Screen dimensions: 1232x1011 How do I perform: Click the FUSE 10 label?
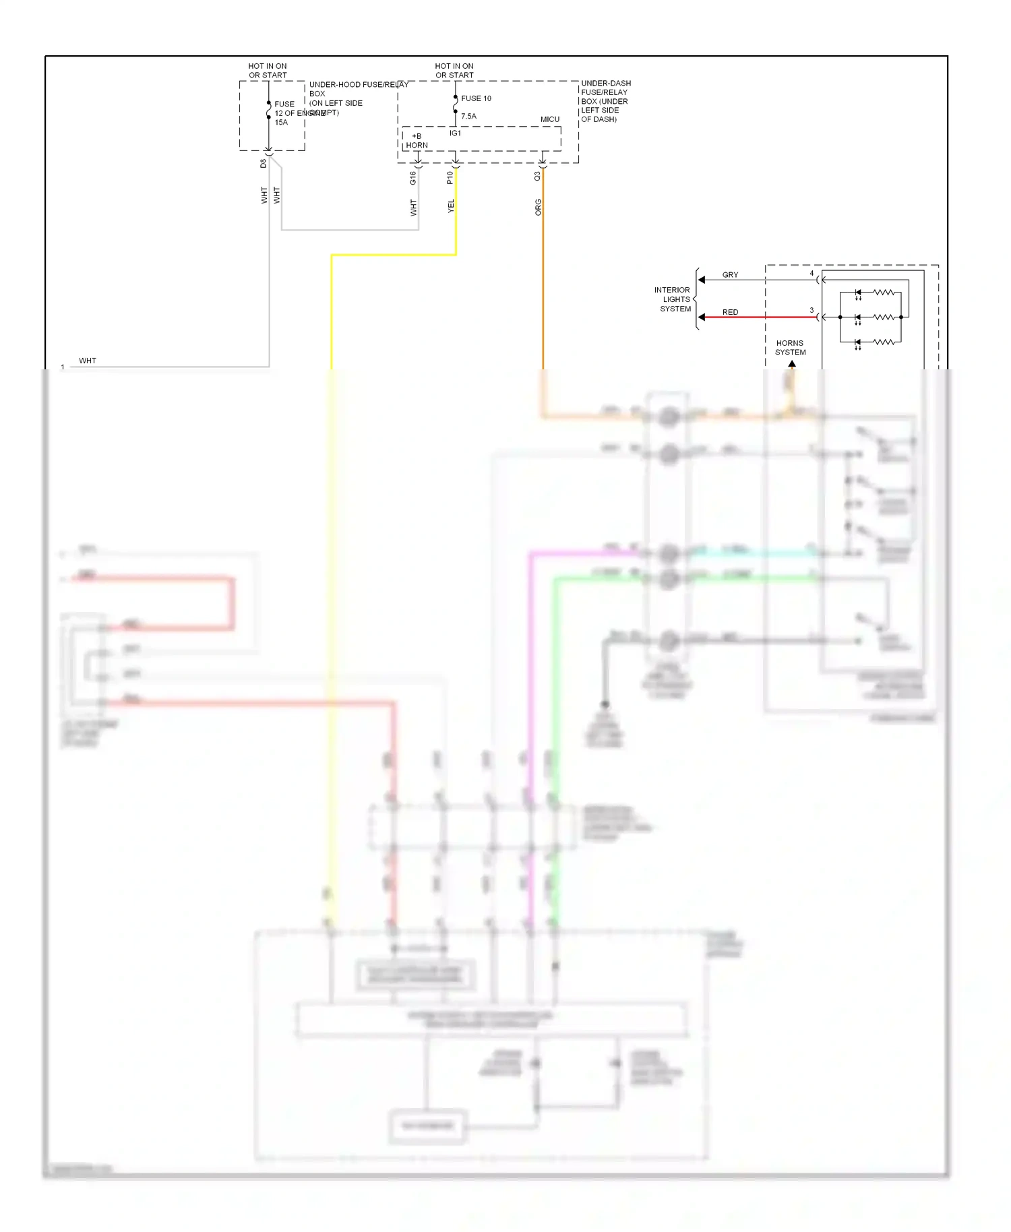[476, 98]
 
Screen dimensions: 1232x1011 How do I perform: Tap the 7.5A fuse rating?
[468, 117]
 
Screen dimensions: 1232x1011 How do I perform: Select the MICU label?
[550, 119]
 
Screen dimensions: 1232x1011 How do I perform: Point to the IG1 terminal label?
[456, 133]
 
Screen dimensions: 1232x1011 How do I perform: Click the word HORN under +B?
[417, 146]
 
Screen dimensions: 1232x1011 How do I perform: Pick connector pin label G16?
[413, 178]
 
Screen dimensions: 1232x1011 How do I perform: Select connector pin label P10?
[450, 178]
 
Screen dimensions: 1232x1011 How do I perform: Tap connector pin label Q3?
[537, 176]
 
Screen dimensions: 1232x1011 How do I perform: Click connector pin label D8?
[264, 164]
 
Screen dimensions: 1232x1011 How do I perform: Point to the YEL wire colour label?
[451, 206]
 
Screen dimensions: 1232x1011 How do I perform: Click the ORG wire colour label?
[538, 207]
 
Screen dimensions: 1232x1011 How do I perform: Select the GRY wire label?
[730, 275]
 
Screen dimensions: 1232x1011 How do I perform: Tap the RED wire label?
[730, 312]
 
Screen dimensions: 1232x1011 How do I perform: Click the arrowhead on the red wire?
[702, 317]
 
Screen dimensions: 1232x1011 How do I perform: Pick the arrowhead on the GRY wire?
[702, 280]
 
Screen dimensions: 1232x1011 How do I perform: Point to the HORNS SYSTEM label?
[790, 348]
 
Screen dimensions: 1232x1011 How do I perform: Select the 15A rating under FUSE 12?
[281, 123]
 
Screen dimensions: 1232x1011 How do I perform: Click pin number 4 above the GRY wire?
[811, 273]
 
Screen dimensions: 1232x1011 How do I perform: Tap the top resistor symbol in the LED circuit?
[884, 292]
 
